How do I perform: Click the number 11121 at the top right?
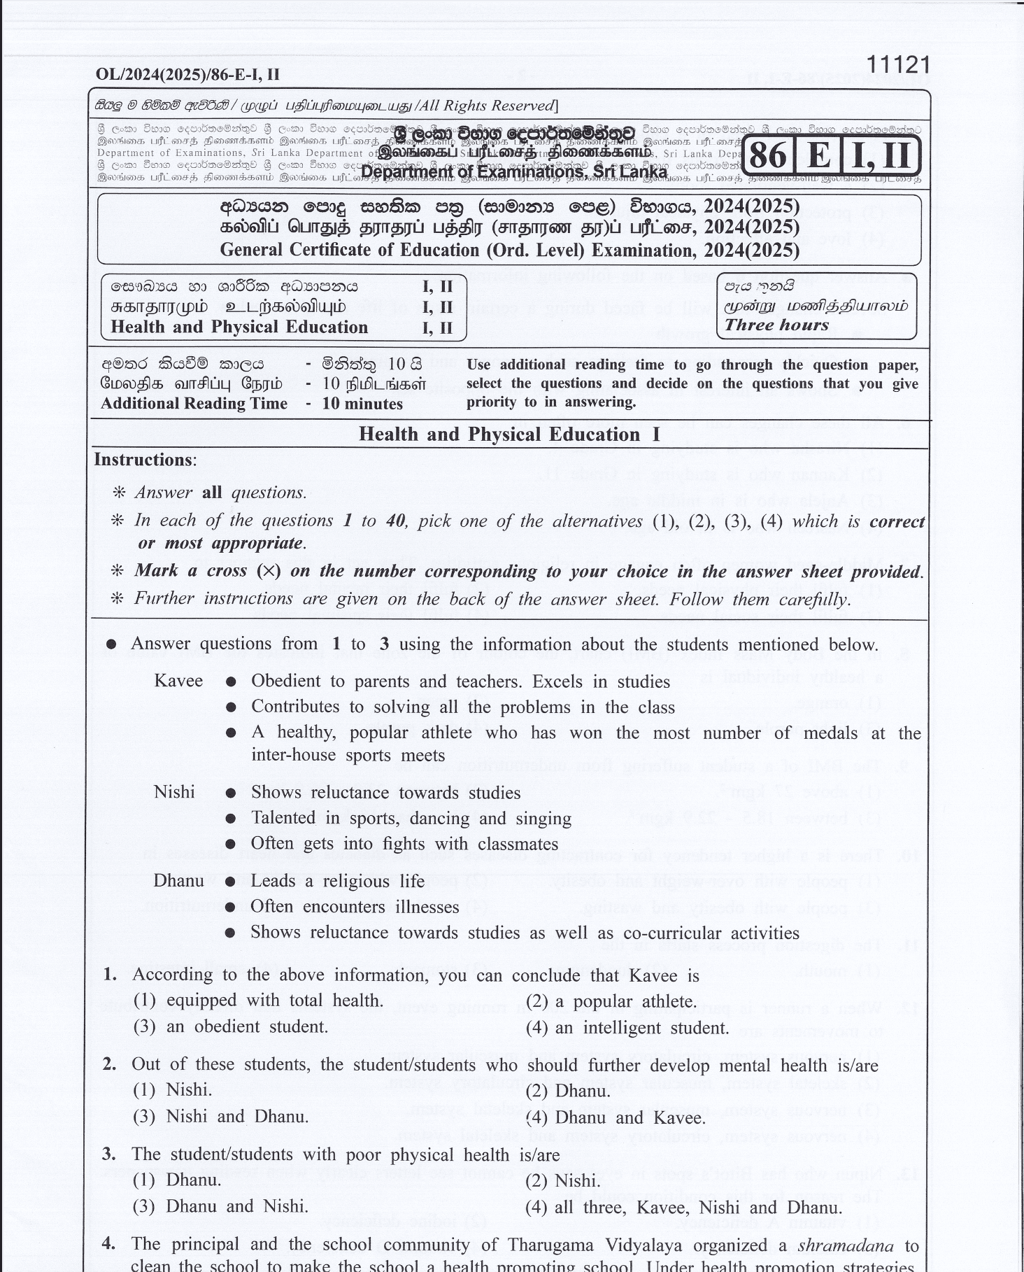tap(898, 64)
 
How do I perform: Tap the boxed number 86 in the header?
tap(768, 154)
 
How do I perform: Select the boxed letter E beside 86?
tap(819, 154)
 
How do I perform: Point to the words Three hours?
tap(776, 325)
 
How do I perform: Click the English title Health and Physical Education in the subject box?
tap(239, 327)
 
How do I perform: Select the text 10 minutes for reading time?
tap(362, 404)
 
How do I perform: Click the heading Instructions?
tap(145, 460)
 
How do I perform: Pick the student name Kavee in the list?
tap(178, 681)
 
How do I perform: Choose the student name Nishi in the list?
tap(174, 792)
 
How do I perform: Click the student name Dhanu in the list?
tap(179, 880)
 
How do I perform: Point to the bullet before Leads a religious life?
tap(230, 882)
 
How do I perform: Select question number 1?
tap(110, 975)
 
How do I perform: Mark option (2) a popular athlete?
tap(611, 1001)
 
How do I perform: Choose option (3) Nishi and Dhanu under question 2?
tap(220, 1117)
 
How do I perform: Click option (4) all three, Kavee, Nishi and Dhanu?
tap(683, 1208)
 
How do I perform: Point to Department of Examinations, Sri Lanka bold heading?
tap(514, 172)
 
